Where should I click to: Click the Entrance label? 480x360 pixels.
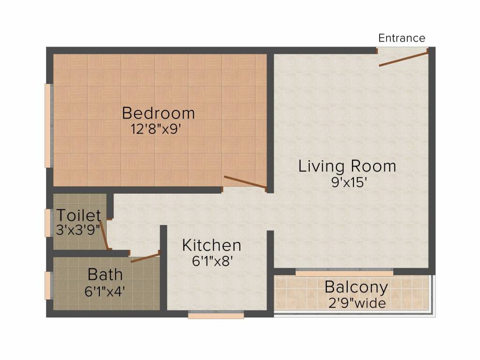coord(402,38)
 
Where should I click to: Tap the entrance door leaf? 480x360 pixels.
coord(404,59)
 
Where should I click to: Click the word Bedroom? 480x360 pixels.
coord(158,113)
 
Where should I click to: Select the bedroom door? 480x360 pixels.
coord(245,182)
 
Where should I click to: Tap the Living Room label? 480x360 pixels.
coord(347,166)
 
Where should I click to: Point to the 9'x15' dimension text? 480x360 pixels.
coord(349,182)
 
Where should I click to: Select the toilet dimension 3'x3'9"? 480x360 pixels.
coord(78,230)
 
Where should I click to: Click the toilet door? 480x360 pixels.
coord(104,234)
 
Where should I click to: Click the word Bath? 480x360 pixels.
coord(105,274)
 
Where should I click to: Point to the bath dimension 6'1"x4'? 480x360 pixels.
coord(105,291)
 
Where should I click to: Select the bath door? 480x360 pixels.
coord(145,257)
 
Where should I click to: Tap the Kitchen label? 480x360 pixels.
coord(211,245)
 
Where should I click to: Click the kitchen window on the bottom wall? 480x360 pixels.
coord(216,315)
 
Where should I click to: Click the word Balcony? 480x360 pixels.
coord(356,287)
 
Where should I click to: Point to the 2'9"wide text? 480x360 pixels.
coord(357,303)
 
